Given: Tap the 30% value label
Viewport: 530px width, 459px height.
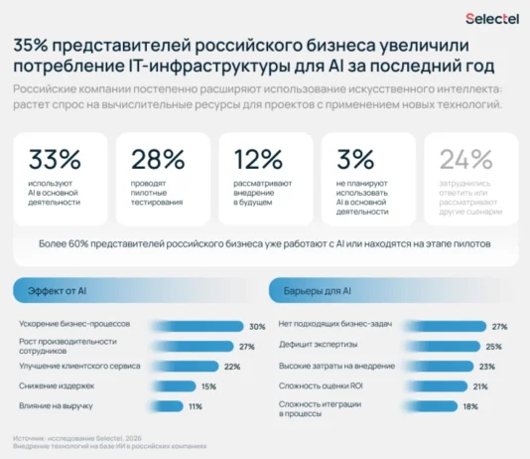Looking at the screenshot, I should tap(256, 326).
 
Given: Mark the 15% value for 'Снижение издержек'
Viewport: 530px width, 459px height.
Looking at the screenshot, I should tap(208, 385).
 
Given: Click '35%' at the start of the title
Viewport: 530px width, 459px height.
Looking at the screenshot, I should tap(31, 47).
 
